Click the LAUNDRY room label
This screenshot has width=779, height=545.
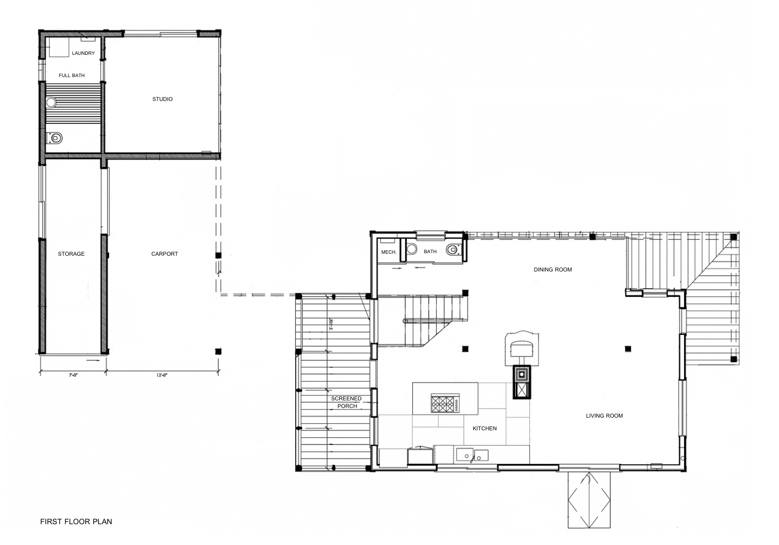83,53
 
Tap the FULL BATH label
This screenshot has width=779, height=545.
72,75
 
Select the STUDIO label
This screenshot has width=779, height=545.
162,99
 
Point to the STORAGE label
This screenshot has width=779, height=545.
71,254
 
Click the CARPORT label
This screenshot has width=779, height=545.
164,254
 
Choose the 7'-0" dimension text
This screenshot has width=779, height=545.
73,375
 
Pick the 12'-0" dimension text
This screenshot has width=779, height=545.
162,375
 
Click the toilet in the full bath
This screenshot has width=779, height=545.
55,138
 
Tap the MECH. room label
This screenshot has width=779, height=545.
389,252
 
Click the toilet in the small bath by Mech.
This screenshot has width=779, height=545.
452,250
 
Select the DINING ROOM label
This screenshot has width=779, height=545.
553,269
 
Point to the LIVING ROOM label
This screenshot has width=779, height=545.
605,416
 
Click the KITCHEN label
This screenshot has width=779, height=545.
484,428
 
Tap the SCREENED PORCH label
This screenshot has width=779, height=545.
346,402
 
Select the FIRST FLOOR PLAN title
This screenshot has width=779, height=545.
76,521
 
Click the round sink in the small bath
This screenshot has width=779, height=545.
412,249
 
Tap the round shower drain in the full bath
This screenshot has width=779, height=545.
51,103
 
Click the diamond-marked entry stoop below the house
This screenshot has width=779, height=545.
589,500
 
